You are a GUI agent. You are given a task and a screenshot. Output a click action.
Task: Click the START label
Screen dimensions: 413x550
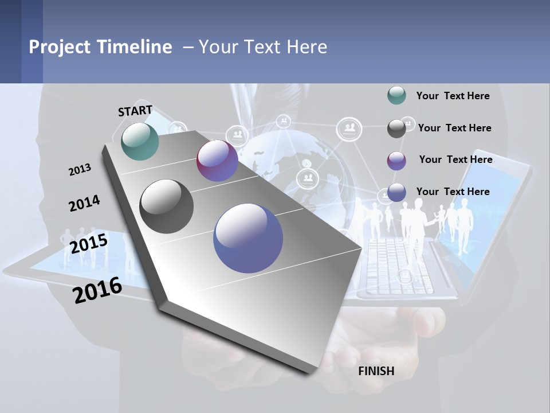point(135,111)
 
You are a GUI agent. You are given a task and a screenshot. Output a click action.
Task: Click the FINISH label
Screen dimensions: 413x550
point(376,371)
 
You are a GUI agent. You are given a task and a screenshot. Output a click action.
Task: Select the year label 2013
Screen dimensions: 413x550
point(80,169)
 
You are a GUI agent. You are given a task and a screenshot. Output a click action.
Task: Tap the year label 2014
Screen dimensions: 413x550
point(84,203)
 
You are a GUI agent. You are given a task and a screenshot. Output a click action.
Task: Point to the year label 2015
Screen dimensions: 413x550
point(89,244)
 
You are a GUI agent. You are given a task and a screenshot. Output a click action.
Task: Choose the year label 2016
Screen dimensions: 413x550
point(97,290)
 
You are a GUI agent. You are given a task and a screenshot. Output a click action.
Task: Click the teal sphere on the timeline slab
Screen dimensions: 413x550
point(140,141)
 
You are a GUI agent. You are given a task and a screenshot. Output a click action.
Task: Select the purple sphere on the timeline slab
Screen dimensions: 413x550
point(217,161)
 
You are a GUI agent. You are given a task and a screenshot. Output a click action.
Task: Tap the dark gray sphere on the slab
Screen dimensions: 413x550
point(167,206)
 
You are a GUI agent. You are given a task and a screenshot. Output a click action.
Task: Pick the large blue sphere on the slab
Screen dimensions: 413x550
point(248,238)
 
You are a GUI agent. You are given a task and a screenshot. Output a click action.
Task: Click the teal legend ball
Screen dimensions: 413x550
point(396,96)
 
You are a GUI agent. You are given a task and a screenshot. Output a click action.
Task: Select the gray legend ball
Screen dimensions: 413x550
point(396,128)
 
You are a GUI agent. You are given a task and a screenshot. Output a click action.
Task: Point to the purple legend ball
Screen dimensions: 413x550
point(396,161)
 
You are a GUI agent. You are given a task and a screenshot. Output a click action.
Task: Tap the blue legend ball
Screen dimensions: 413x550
point(396,193)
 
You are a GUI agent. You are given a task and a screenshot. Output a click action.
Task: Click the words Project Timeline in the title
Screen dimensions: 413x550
point(100,47)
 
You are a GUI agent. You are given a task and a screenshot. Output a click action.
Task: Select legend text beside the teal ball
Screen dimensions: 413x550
point(453,96)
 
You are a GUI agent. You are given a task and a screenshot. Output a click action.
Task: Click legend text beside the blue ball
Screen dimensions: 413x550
point(453,192)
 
